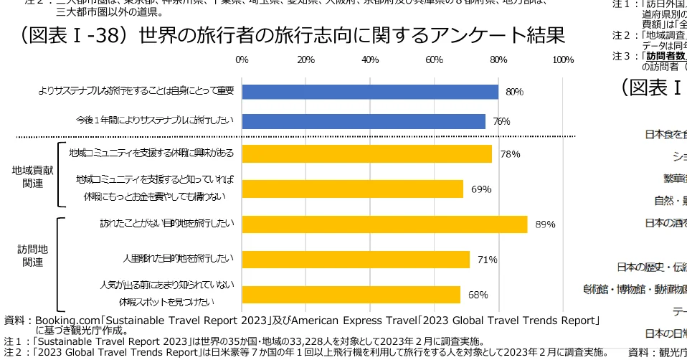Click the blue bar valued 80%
pyautogui.click(x=370, y=92)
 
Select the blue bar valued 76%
pyautogui.click(x=364, y=121)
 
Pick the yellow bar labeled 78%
pyautogui.click(x=366, y=154)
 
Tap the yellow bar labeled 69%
pyautogui.click(x=352, y=189)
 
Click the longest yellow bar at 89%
pyautogui.click(x=384, y=224)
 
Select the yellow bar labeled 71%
pyautogui.click(x=356, y=260)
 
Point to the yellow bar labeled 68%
pyautogui.click(x=351, y=295)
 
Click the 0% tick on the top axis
pyautogui.click(x=242, y=60)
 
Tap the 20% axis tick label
pyautogui.click(x=306, y=60)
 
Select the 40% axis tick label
pyautogui.click(x=370, y=60)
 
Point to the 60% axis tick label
pyautogui.click(x=434, y=60)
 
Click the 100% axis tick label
pyautogui.click(x=563, y=60)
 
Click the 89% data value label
pyautogui.click(x=545, y=224)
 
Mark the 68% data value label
pyautogui.click(x=478, y=295)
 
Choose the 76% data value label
pyautogui.click(x=501, y=122)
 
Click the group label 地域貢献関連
pyautogui.click(x=33, y=177)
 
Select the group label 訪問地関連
pyautogui.click(x=33, y=255)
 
